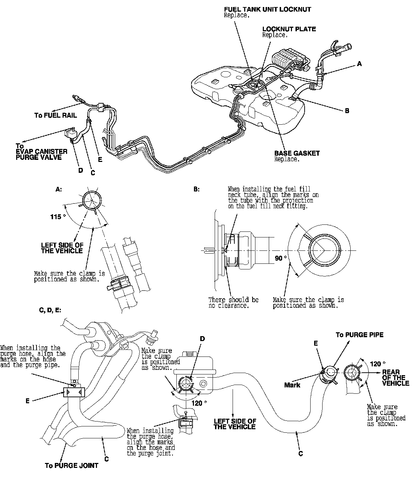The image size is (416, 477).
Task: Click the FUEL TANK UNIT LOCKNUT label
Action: click(267, 9)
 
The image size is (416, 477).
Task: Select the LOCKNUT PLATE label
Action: click(289, 29)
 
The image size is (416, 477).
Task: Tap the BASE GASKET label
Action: click(297, 153)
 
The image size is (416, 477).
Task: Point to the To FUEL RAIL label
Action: click(56, 115)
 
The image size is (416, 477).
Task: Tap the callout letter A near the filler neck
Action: click(359, 64)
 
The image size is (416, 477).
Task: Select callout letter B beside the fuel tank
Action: click(347, 111)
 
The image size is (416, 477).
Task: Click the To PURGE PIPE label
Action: click(359, 335)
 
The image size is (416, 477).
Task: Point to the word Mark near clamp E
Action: click(292, 385)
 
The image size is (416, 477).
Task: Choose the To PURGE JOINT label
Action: click(72, 466)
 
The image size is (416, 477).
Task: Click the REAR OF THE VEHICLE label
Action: click(396, 378)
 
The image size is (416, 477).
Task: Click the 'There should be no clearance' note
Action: click(233, 302)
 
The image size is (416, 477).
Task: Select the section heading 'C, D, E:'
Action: click(50, 310)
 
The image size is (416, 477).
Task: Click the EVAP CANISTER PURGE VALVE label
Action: click(41, 154)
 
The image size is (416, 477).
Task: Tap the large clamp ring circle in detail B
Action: click(324, 250)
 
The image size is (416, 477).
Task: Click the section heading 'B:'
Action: click(196, 189)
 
